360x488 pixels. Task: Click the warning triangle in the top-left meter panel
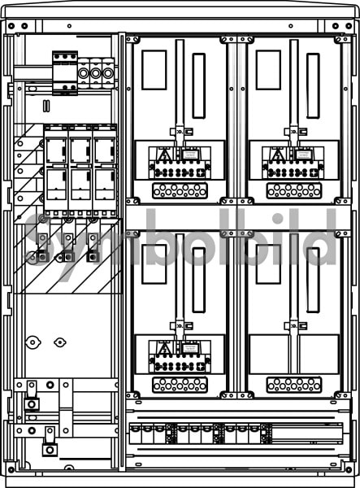pyautogui.click(x=163, y=155)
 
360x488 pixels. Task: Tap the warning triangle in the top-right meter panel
pyautogui.click(x=277, y=155)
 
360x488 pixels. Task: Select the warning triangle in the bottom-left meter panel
pyautogui.click(x=163, y=348)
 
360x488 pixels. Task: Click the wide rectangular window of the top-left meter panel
pyautogui.click(x=154, y=70)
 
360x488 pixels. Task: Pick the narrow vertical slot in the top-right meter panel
pyautogui.click(x=313, y=86)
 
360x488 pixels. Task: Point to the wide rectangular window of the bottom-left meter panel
pyautogui.click(x=154, y=264)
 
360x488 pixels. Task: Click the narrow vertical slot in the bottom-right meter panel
pyautogui.click(x=313, y=280)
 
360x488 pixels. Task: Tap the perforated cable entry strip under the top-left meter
pyautogui.click(x=180, y=190)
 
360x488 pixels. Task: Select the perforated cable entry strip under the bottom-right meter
pyautogui.click(x=294, y=385)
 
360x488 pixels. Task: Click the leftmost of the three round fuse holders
pyautogui.click(x=84, y=73)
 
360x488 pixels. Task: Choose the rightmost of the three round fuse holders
pyautogui.click(x=108, y=73)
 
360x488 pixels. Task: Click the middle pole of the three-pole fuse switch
pyautogui.click(x=80, y=171)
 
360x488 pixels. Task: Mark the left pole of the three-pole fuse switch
pyautogui.click(x=56, y=171)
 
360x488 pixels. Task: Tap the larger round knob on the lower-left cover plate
pyautogui.click(x=33, y=342)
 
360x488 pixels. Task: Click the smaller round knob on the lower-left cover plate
pyautogui.click(x=59, y=342)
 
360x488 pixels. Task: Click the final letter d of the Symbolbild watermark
pyautogui.click(x=321, y=237)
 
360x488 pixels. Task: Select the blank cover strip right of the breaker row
pyautogui.click(x=307, y=433)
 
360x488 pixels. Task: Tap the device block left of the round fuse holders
pyautogui.click(x=65, y=73)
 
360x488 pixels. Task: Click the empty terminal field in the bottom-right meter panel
pyautogui.click(x=294, y=354)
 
